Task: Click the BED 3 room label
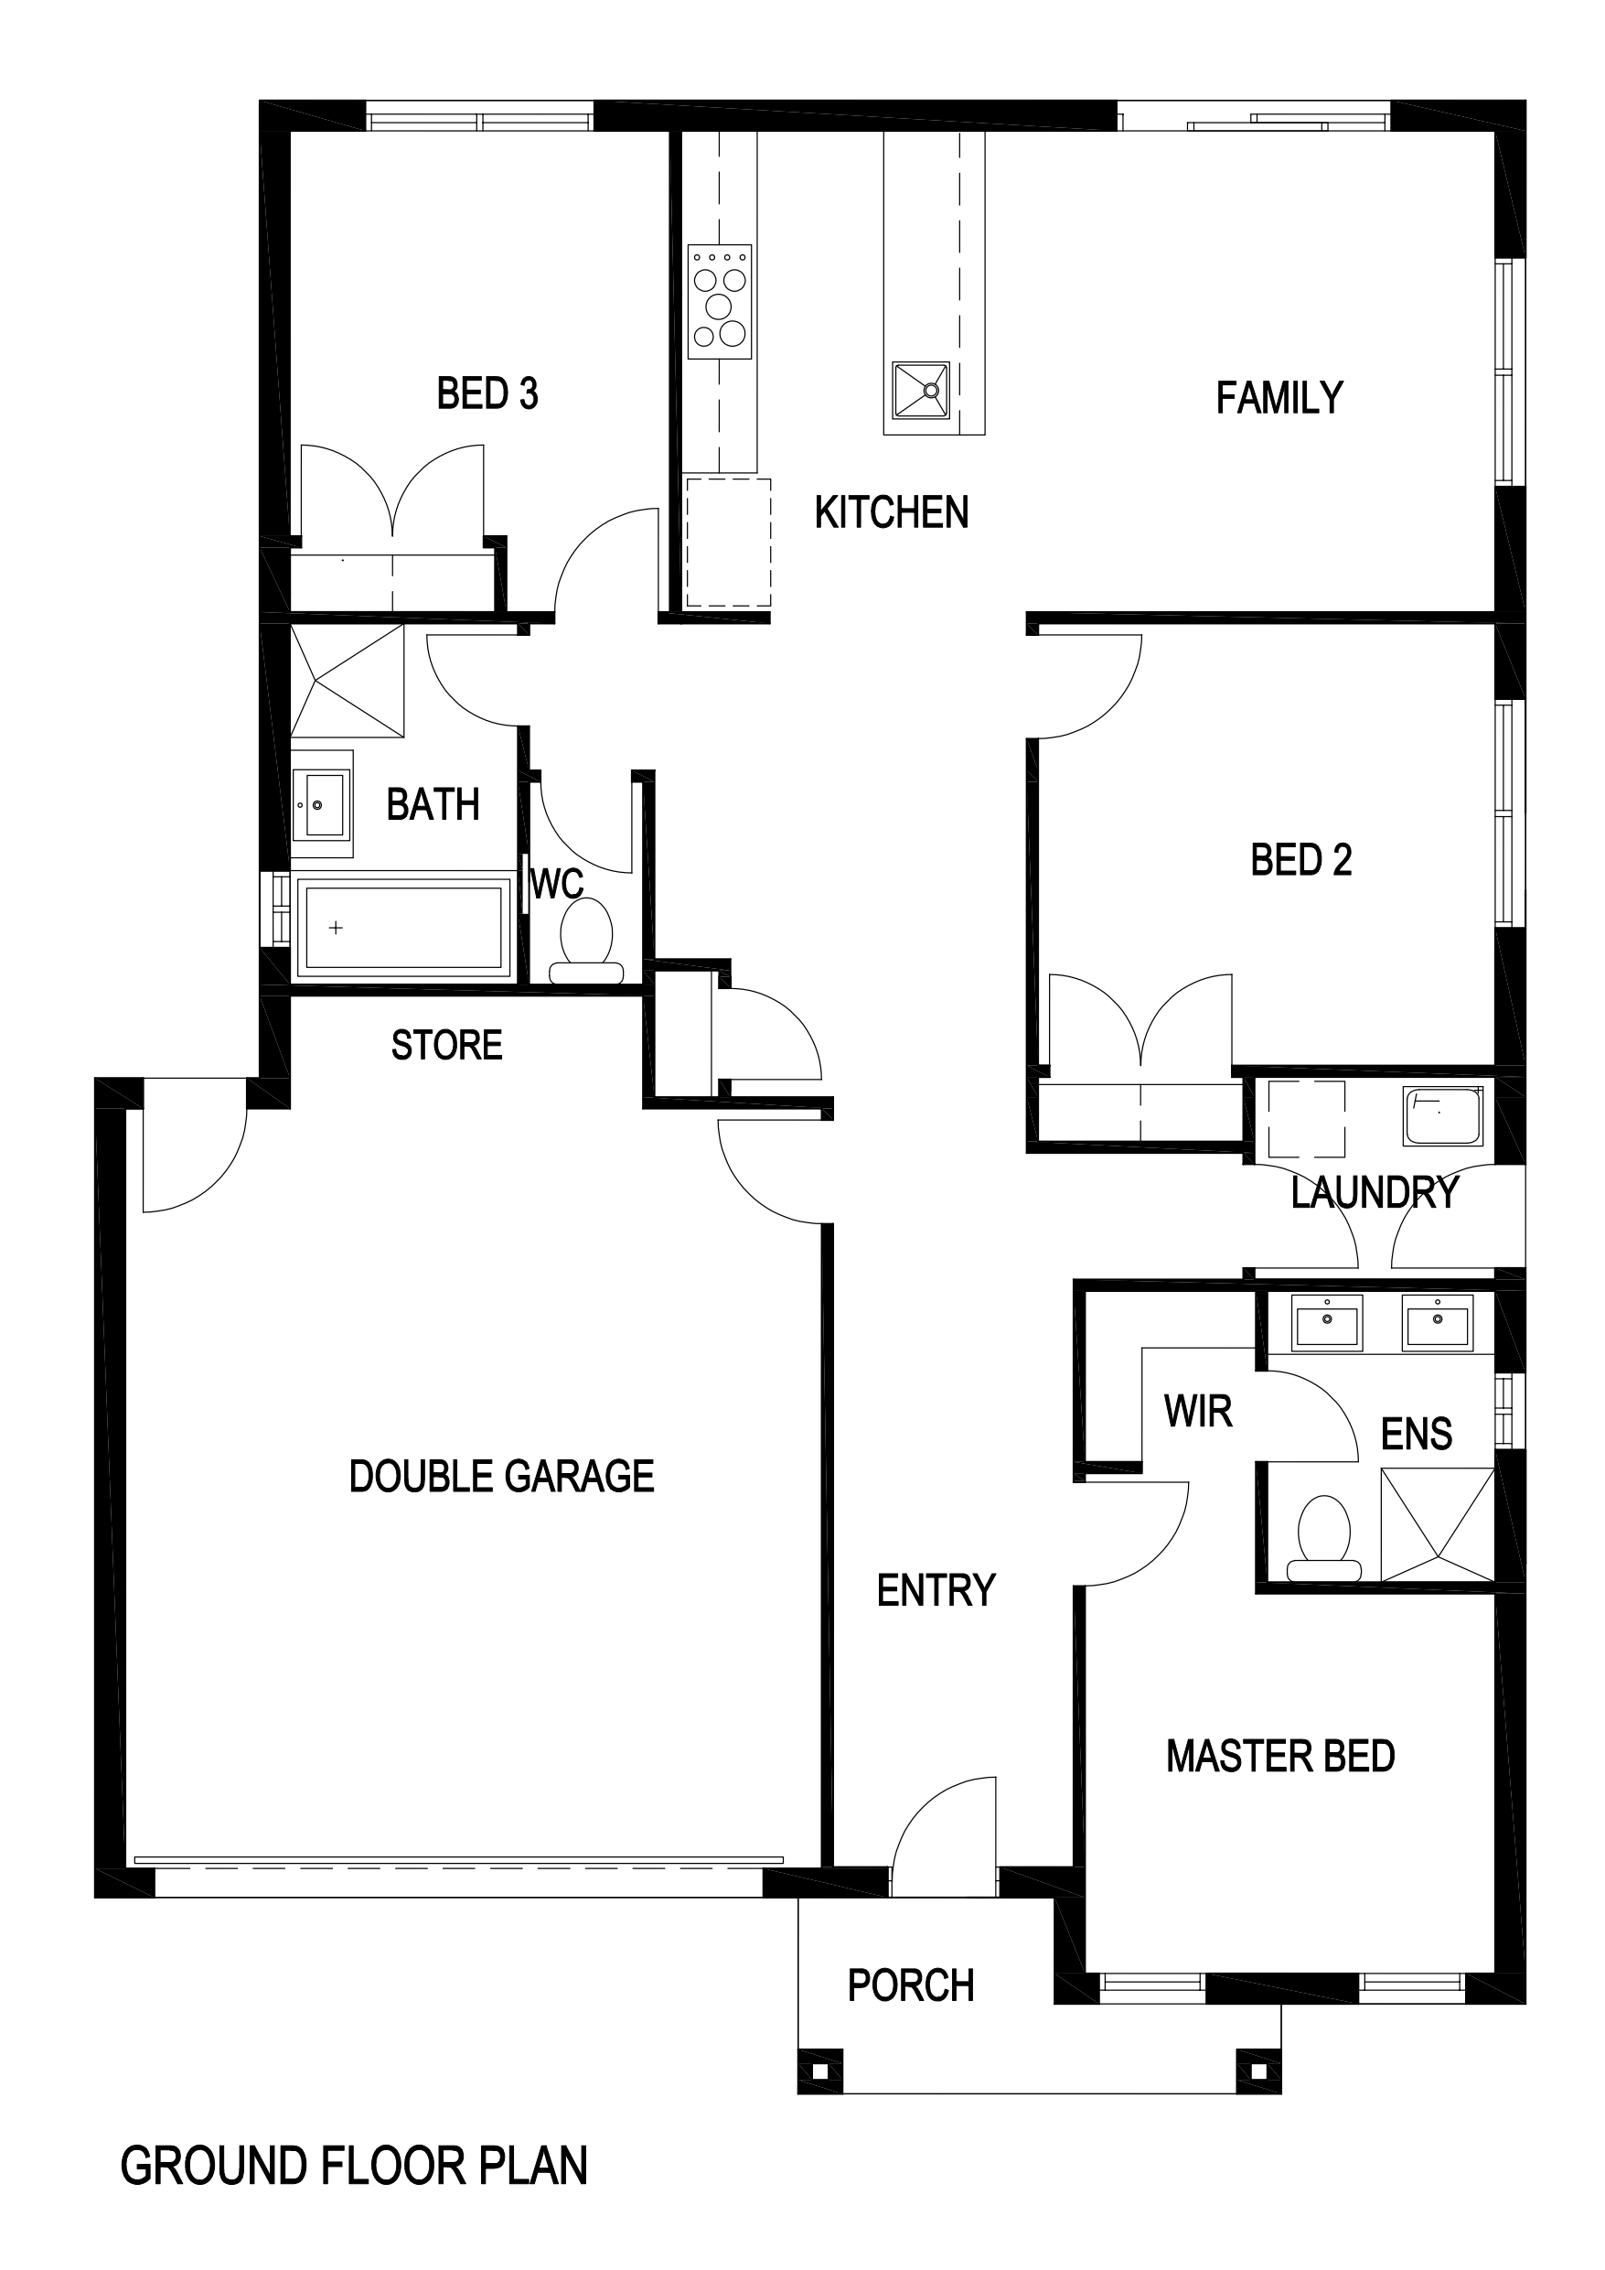pyautogui.click(x=487, y=393)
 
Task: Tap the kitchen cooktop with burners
pyautogui.click(x=720, y=302)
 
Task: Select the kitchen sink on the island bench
pyautogui.click(x=920, y=391)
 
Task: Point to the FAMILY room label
pyautogui.click(x=1279, y=398)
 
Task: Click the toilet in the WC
pyautogui.click(x=586, y=941)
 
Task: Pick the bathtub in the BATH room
pyautogui.click(x=403, y=926)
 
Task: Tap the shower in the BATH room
pyautogui.click(x=347, y=680)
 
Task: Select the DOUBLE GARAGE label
pyautogui.click(x=501, y=1476)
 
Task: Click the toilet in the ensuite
pyautogui.click(x=1324, y=1539)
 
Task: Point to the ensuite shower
pyautogui.click(x=1437, y=1525)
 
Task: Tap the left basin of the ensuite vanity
pyautogui.click(x=1327, y=1321)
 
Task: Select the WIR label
pyautogui.click(x=1198, y=1412)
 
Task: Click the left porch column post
pyautogui.click(x=820, y=2071)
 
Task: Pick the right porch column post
pyautogui.click(x=1258, y=2071)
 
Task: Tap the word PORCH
pyautogui.click(x=911, y=1985)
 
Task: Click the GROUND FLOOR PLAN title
pyautogui.click(x=354, y=2167)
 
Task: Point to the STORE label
pyautogui.click(x=446, y=1045)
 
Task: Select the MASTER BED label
pyautogui.click(x=1279, y=1756)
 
